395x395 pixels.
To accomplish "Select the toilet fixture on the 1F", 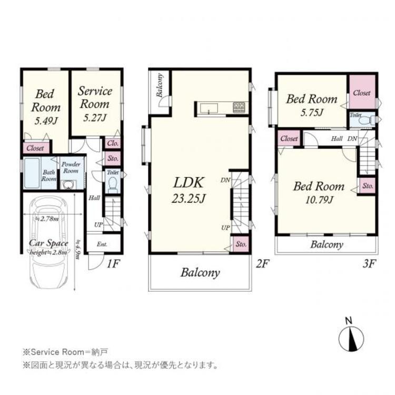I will pos(112,183).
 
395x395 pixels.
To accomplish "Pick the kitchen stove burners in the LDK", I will pos(239,108).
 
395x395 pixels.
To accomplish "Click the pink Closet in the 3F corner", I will pos(361,92).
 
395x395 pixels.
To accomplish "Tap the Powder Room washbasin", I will pos(67,185).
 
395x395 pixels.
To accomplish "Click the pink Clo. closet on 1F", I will pos(112,143).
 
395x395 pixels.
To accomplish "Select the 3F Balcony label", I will pos(327,245).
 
